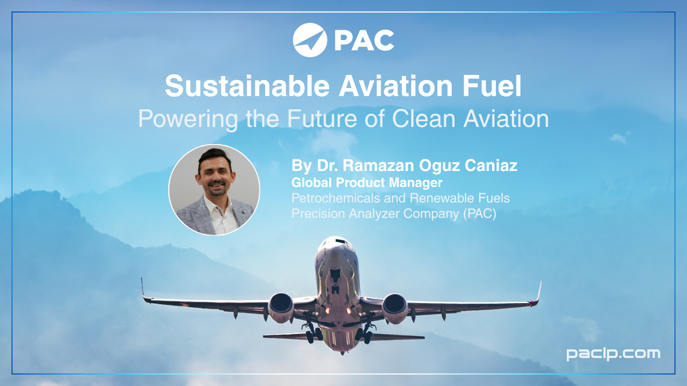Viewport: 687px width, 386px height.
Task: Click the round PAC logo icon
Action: [310, 40]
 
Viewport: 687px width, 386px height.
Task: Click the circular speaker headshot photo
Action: [214, 190]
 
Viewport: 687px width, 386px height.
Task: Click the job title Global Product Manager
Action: [367, 183]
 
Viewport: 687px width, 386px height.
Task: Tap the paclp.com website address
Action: [613, 353]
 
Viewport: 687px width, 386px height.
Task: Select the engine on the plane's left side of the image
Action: [281, 307]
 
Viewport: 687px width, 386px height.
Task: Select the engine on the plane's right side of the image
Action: [395, 307]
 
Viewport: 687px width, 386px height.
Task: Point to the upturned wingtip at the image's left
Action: [143, 287]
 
